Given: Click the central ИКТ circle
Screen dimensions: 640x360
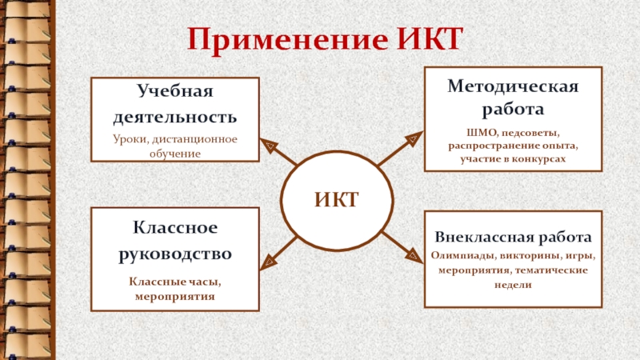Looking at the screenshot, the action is coord(336,198).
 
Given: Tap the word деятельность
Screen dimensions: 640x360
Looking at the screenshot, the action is coord(175,117).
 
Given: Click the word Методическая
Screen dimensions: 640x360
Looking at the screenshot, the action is coord(513,86).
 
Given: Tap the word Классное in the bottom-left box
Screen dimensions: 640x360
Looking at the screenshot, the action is coord(175,229).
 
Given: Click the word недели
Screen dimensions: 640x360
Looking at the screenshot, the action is coord(513,285).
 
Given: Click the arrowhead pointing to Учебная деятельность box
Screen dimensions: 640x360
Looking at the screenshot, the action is coord(270,147).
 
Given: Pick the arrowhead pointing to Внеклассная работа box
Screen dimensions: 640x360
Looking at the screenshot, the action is coord(412,255).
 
